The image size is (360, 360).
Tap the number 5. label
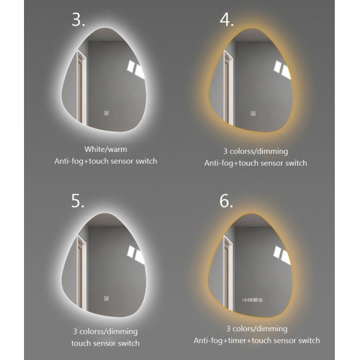tap(78, 201)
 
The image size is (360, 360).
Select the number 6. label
tap(226, 201)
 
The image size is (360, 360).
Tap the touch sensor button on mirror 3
tap(105, 112)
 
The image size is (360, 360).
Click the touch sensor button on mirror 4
tap(253, 113)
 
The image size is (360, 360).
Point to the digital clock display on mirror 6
tap(250, 299)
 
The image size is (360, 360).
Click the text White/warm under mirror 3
tap(105, 148)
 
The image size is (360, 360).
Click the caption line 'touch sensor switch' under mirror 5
tap(105, 343)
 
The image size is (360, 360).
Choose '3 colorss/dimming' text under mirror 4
tap(255, 151)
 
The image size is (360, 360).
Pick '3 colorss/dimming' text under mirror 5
tap(105, 331)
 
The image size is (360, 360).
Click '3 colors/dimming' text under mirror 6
tap(256, 329)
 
